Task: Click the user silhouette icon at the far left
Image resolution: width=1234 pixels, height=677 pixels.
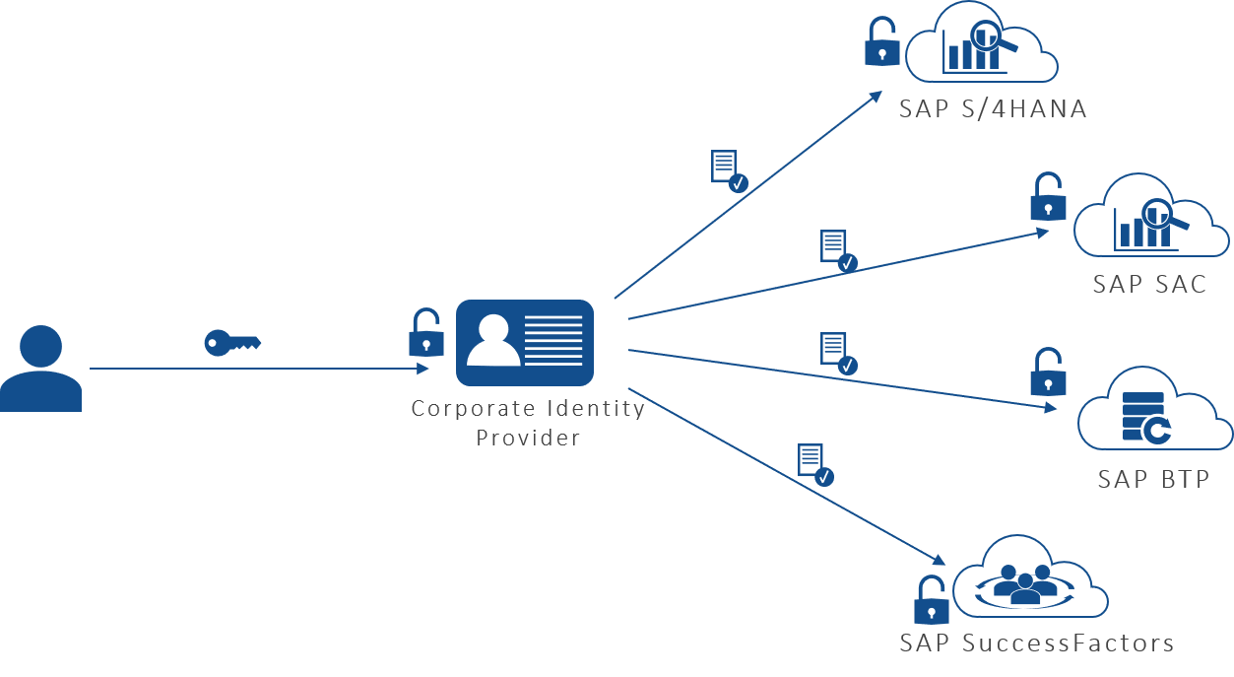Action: (x=40, y=369)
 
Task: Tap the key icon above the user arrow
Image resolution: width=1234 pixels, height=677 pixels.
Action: (x=231, y=342)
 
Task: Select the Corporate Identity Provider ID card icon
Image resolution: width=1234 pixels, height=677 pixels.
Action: (x=525, y=343)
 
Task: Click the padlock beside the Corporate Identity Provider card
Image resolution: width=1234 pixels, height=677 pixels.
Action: (x=425, y=333)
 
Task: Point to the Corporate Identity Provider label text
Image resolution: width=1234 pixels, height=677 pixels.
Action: (x=528, y=423)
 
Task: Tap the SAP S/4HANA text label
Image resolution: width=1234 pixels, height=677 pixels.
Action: (x=993, y=109)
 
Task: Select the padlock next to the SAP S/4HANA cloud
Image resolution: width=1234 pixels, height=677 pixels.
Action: (x=881, y=42)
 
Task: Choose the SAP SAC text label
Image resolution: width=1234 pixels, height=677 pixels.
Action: (x=1149, y=285)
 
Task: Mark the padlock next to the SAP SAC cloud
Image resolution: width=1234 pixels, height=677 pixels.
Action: (x=1048, y=198)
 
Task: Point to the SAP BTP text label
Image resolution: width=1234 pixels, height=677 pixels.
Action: (x=1153, y=479)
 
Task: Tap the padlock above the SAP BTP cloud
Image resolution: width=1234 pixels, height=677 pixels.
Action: (x=1048, y=372)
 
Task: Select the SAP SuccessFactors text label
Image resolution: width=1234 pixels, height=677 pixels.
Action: (x=1036, y=643)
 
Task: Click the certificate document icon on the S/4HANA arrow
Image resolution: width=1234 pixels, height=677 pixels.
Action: (x=728, y=170)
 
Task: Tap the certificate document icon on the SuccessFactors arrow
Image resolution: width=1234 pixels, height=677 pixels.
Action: (x=814, y=464)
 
